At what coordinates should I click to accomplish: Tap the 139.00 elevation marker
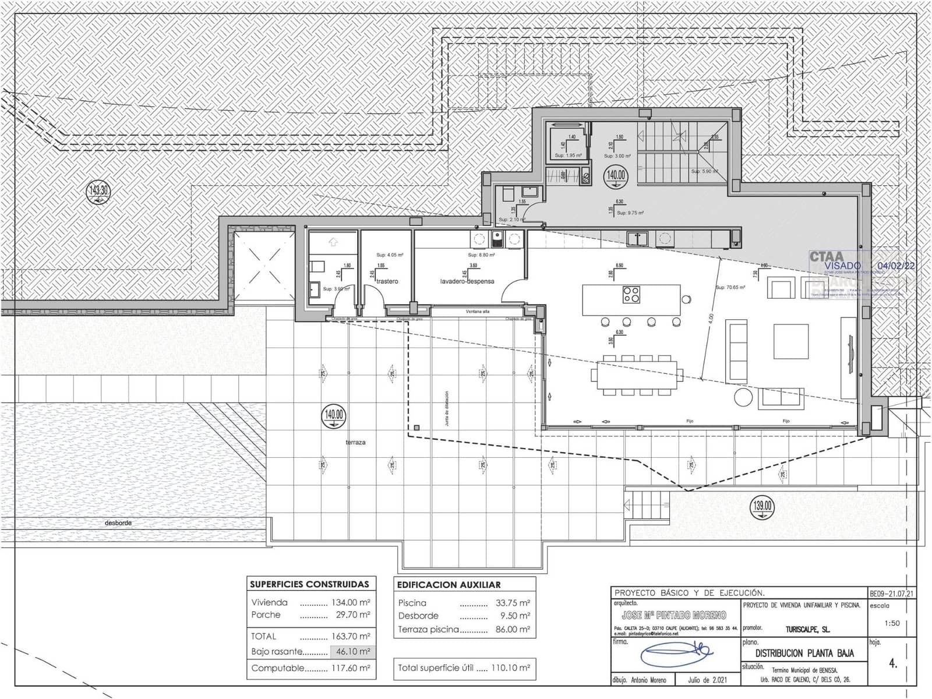(x=762, y=506)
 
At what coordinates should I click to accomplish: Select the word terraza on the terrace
(x=355, y=443)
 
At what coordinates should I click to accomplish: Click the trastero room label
(x=387, y=281)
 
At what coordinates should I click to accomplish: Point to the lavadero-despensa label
(x=467, y=281)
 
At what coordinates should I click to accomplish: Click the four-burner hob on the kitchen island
(x=631, y=294)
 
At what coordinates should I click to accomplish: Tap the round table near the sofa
(x=743, y=397)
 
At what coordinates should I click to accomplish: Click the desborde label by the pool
(x=118, y=523)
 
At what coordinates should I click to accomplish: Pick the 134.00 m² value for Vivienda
(x=351, y=603)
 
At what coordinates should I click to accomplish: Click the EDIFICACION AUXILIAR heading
(x=449, y=585)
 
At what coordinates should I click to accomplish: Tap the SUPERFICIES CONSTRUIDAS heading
(x=309, y=584)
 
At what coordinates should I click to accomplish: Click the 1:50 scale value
(x=892, y=623)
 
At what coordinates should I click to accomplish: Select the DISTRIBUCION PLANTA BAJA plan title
(x=804, y=653)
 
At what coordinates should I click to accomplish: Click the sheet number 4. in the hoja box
(x=893, y=663)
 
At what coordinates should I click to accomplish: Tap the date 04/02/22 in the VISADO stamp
(x=896, y=266)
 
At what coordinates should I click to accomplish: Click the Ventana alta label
(x=478, y=312)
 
